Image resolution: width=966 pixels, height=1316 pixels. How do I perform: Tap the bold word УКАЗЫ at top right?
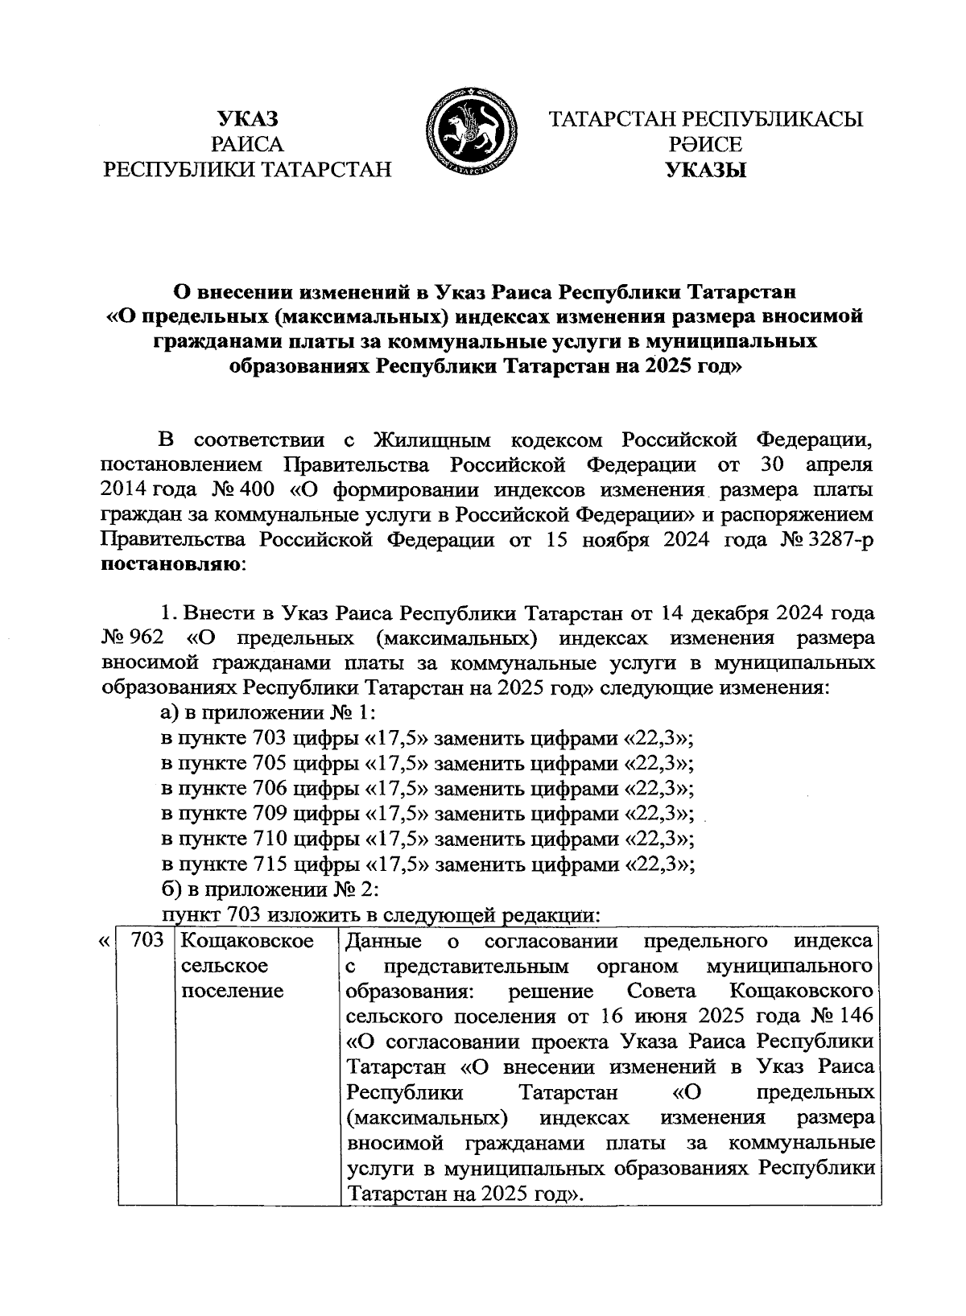[x=705, y=170]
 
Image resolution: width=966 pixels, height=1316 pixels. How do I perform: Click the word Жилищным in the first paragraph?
[x=433, y=439]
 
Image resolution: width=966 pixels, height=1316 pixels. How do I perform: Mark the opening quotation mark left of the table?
[x=103, y=940]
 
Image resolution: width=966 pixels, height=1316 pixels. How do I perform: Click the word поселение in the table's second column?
[x=233, y=991]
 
